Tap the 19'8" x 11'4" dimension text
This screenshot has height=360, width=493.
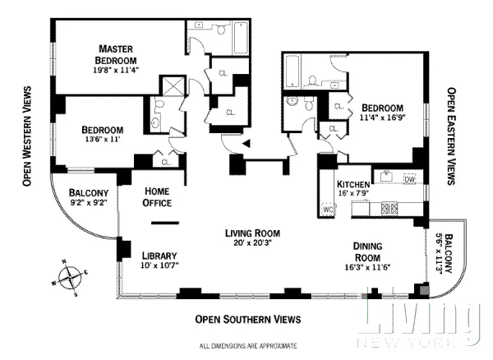point(117,70)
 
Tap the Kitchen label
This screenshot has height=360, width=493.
point(352,183)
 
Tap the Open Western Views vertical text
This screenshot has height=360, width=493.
point(28,135)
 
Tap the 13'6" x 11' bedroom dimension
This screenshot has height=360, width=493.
point(103,141)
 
